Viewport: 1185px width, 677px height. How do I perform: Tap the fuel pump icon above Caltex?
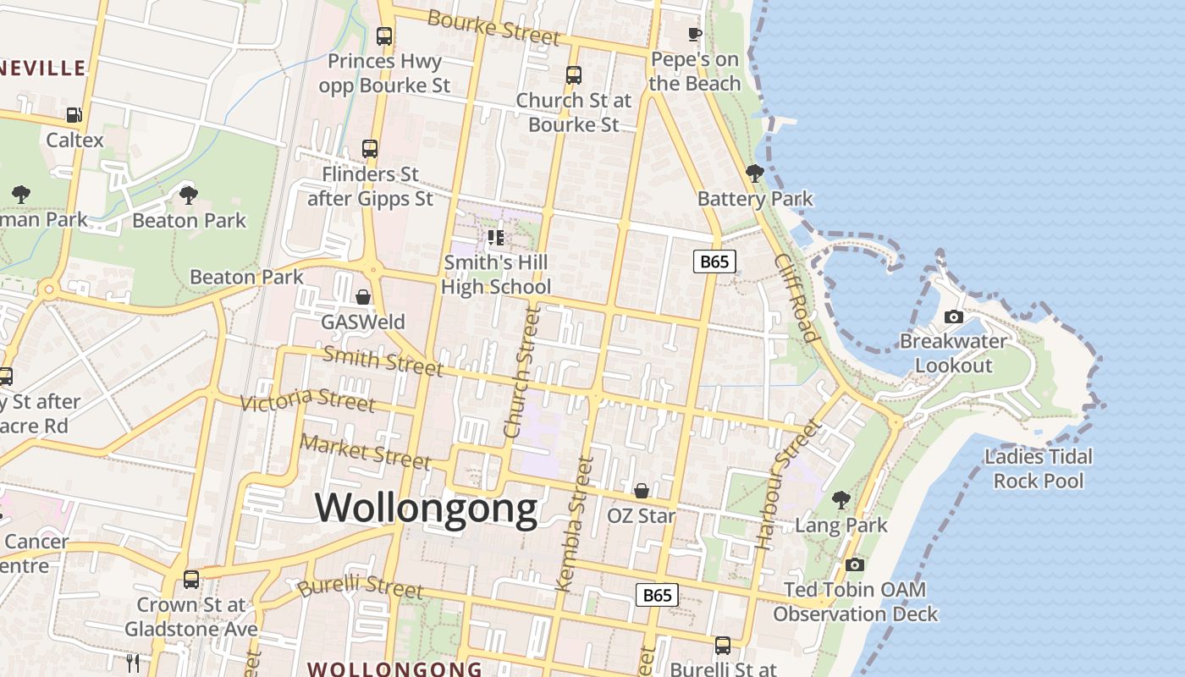pos(74,115)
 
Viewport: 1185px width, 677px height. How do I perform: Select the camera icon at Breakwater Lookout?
pos(954,317)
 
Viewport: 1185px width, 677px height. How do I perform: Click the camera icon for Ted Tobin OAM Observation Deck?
pos(855,564)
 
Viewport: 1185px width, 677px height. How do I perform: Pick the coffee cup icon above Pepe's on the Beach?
pos(694,35)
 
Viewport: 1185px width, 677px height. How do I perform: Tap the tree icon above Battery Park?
pos(754,173)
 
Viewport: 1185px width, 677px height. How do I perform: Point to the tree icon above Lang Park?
pos(841,500)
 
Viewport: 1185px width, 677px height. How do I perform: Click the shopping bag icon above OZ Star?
pos(642,491)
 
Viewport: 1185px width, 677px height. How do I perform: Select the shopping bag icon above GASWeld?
pos(363,297)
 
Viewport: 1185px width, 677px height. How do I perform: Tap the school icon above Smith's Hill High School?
pos(495,238)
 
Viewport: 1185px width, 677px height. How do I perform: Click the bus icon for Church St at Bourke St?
pos(574,74)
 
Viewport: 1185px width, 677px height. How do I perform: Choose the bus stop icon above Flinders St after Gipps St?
pos(370,149)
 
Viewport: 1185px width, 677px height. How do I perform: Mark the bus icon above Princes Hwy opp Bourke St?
pos(384,36)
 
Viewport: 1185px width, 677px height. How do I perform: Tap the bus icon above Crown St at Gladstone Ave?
pos(191,580)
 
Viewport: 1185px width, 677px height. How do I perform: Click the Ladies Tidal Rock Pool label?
pos(1039,469)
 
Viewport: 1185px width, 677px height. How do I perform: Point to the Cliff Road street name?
pos(796,297)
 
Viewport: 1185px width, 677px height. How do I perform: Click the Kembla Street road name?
pos(573,523)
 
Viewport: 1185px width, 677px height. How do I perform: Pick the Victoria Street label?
pos(307,399)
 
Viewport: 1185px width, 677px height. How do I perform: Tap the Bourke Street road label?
pos(493,27)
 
